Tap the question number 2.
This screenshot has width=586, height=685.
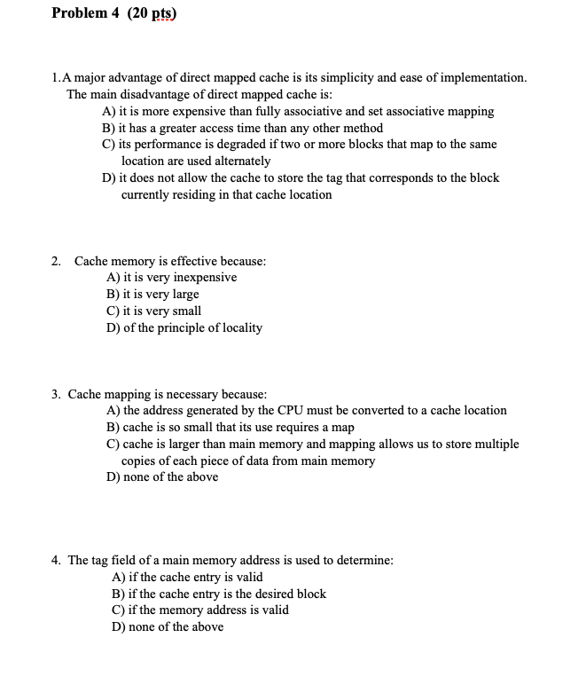[x=56, y=261]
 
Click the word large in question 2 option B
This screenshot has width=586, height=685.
[x=184, y=295]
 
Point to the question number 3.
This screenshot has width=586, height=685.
[x=56, y=394]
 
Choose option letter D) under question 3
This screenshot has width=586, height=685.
[x=113, y=477]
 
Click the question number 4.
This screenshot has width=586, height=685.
[x=56, y=561]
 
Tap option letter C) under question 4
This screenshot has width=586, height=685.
[x=113, y=610]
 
